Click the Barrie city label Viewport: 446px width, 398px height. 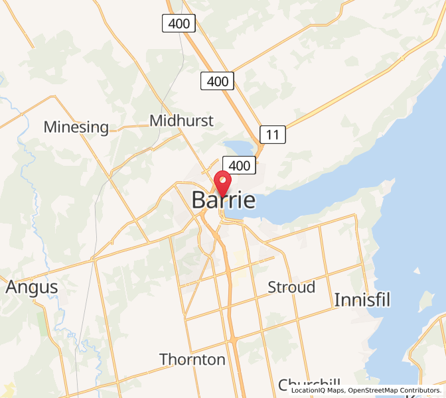pos(224,200)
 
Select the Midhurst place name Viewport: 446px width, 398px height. pos(181,121)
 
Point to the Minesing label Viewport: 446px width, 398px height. pos(76,127)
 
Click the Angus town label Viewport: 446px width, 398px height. pos(32,287)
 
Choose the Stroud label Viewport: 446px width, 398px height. pos(291,287)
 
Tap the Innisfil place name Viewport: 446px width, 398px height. pos(362,299)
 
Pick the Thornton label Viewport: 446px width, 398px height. pos(192,360)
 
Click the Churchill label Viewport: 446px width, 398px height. pos(309,384)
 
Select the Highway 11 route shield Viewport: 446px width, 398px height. pos(273,135)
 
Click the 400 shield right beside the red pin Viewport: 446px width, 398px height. pos(239,165)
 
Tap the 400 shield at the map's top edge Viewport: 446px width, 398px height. pos(179,24)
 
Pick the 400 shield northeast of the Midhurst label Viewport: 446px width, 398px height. pos(218,82)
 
